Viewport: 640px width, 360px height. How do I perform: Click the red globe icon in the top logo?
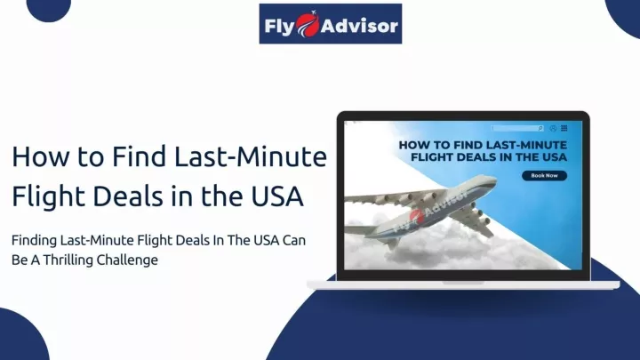308,25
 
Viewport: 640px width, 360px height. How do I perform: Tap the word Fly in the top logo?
280,27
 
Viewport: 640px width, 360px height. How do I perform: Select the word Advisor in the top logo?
359,27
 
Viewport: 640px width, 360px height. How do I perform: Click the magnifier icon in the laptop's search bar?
540,129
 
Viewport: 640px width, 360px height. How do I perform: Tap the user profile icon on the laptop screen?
553,129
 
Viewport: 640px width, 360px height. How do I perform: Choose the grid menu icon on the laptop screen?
564,128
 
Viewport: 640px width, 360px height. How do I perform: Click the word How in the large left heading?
41,156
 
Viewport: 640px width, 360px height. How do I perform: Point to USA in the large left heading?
277,196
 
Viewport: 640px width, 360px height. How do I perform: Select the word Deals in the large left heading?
128,196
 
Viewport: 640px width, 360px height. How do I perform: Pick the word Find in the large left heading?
140,156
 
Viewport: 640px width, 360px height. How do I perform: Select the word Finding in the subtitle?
35,240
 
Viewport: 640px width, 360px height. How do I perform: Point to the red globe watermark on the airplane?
415,215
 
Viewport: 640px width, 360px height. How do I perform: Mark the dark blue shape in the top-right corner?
625,16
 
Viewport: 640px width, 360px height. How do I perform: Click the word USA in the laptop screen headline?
552,157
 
